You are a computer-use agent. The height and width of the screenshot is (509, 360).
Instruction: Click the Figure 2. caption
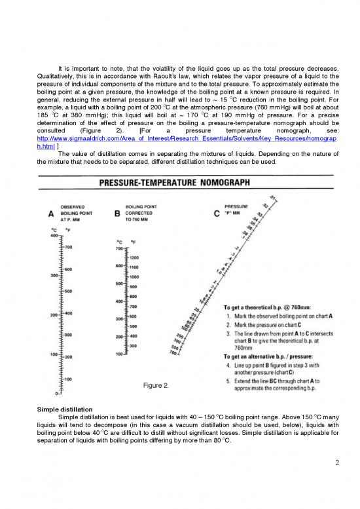(x=156, y=386)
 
